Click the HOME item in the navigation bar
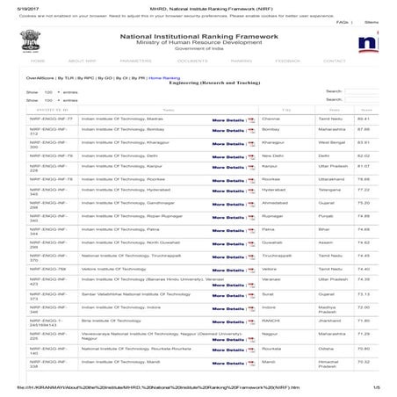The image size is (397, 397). (x=38, y=61)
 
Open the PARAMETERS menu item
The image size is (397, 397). (x=135, y=61)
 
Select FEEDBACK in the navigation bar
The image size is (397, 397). (x=287, y=61)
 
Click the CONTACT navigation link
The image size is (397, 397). (x=335, y=61)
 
